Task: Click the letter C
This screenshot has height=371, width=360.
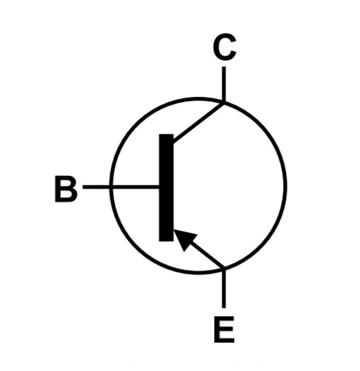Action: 224,46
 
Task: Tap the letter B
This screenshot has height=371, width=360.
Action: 66,189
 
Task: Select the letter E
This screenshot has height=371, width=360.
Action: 224,329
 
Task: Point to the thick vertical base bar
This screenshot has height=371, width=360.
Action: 166,188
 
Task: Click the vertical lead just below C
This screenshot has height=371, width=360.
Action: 224,84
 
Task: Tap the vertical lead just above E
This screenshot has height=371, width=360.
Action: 224,288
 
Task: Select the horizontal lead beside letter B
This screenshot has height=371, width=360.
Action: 121,187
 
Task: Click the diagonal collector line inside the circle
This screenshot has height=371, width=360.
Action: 198,122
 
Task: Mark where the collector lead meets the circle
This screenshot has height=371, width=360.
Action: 224,103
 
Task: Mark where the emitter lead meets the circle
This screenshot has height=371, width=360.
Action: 224,268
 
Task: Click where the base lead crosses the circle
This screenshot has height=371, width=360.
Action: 111,187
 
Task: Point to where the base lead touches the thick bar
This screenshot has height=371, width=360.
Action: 159,187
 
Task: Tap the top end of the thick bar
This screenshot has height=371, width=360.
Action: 166,134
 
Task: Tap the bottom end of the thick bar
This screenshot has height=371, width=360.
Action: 166,241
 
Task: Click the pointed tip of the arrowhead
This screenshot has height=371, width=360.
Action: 174,229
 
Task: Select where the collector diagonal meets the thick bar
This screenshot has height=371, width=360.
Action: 174,142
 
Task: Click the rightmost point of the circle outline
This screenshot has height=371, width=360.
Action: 285,186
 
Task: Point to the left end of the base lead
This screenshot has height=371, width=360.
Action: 83,187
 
